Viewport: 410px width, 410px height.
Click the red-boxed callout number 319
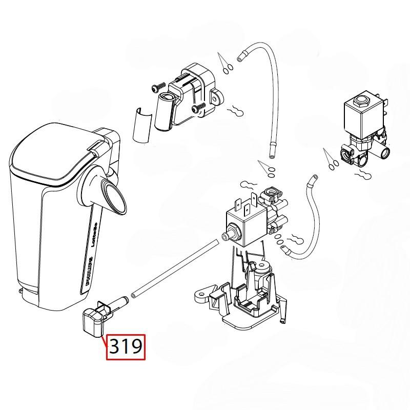(126, 347)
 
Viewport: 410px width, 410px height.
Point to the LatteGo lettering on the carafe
(96, 236)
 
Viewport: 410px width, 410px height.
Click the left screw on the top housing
(157, 88)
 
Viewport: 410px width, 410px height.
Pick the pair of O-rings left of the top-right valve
(331, 162)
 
